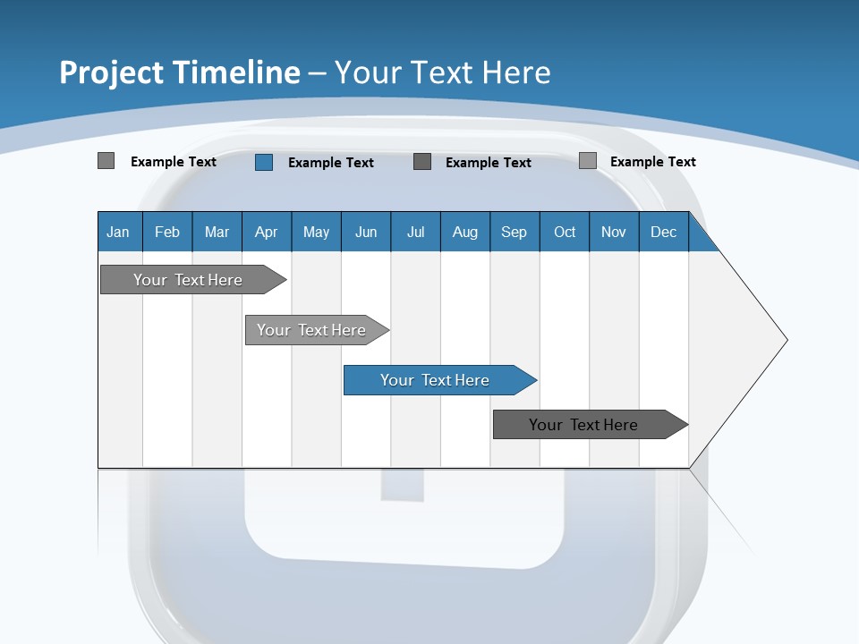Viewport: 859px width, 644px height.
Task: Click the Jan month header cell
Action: coord(119,232)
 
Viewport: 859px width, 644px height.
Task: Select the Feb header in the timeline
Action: coord(167,232)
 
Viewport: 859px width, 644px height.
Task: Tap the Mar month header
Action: coord(217,232)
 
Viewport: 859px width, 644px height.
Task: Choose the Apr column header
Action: coord(267,232)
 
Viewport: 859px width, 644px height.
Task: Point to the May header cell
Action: coord(316,232)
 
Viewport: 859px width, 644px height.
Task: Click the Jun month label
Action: coord(366,232)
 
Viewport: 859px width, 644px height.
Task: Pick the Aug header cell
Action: coord(465,232)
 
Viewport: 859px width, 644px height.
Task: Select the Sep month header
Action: coord(515,232)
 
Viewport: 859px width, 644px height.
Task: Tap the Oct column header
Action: coord(565,232)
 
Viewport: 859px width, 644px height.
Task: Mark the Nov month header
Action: coord(614,232)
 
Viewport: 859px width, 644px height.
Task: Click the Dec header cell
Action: coord(664,232)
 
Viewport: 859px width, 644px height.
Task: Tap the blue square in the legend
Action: coord(264,162)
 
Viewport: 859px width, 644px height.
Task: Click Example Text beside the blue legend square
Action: coord(331,162)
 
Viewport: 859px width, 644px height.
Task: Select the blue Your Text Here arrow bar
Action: coord(436,380)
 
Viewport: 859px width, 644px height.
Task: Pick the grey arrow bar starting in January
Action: coord(189,280)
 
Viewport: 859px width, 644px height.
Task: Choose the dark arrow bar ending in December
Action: coord(584,425)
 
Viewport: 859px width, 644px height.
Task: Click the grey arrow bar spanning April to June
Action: coord(312,330)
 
